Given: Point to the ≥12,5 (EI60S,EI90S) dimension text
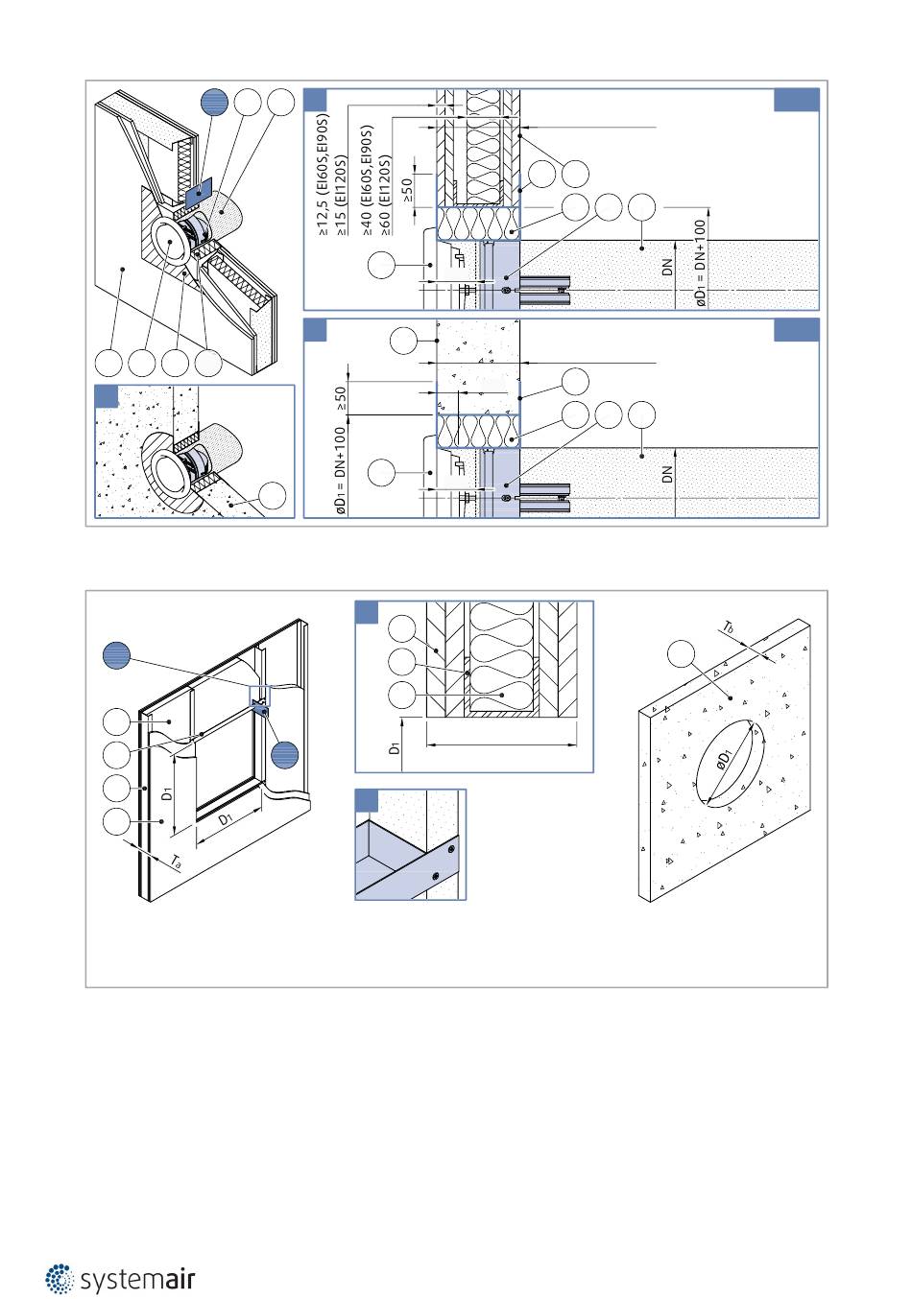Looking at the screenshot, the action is [x=324, y=176].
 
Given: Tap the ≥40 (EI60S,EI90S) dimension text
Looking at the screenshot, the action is [x=368, y=180].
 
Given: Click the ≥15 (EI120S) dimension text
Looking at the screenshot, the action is [x=341, y=195].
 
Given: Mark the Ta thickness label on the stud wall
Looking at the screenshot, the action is [x=176, y=862].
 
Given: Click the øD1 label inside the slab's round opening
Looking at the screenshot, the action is [x=725, y=760].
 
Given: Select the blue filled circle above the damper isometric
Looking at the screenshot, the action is [x=214, y=103].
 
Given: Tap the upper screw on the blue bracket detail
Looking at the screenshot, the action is [x=451, y=849].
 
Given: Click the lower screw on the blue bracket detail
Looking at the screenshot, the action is [x=436, y=875].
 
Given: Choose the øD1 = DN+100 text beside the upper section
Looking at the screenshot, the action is [x=700, y=263].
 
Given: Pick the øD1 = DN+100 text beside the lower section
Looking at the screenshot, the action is [x=341, y=471].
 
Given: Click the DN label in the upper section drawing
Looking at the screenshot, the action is [x=667, y=268].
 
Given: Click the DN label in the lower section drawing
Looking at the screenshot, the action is [x=667, y=474].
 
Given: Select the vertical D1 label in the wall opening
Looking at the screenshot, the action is [x=167, y=793].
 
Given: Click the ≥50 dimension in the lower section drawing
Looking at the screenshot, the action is [x=341, y=398].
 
